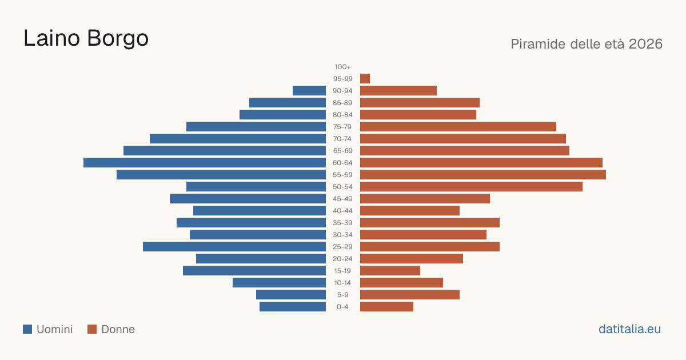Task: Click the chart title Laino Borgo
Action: (x=86, y=39)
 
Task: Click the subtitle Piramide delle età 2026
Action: (x=587, y=44)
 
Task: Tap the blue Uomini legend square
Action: (x=27, y=329)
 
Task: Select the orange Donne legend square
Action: (x=92, y=329)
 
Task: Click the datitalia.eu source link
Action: (x=629, y=329)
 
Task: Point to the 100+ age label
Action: (x=342, y=67)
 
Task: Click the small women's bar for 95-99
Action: (x=365, y=79)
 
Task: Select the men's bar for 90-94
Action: (x=309, y=91)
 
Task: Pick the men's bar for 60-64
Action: (x=205, y=162)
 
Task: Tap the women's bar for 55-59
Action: (x=483, y=175)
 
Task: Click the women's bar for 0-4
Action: (x=387, y=307)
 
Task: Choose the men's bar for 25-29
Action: (x=234, y=247)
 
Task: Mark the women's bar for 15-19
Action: (x=390, y=271)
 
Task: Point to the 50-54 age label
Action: (x=342, y=187)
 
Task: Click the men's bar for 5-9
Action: (x=291, y=295)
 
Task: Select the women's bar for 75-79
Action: (x=458, y=127)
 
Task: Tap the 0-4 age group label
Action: (x=342, y=307)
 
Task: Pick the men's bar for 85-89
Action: (x=288, y=102)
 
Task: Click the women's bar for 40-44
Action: (x=410, y=211)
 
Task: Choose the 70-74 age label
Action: (x=342, y=139)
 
